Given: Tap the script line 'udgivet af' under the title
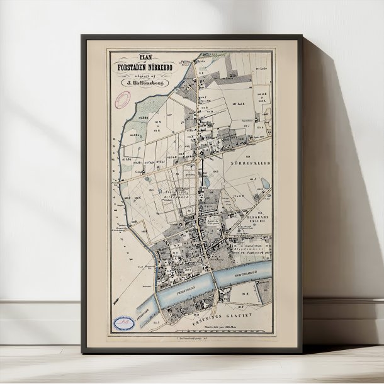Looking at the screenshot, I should coord(140,72).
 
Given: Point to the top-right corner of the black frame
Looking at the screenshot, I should coord(303,37).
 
